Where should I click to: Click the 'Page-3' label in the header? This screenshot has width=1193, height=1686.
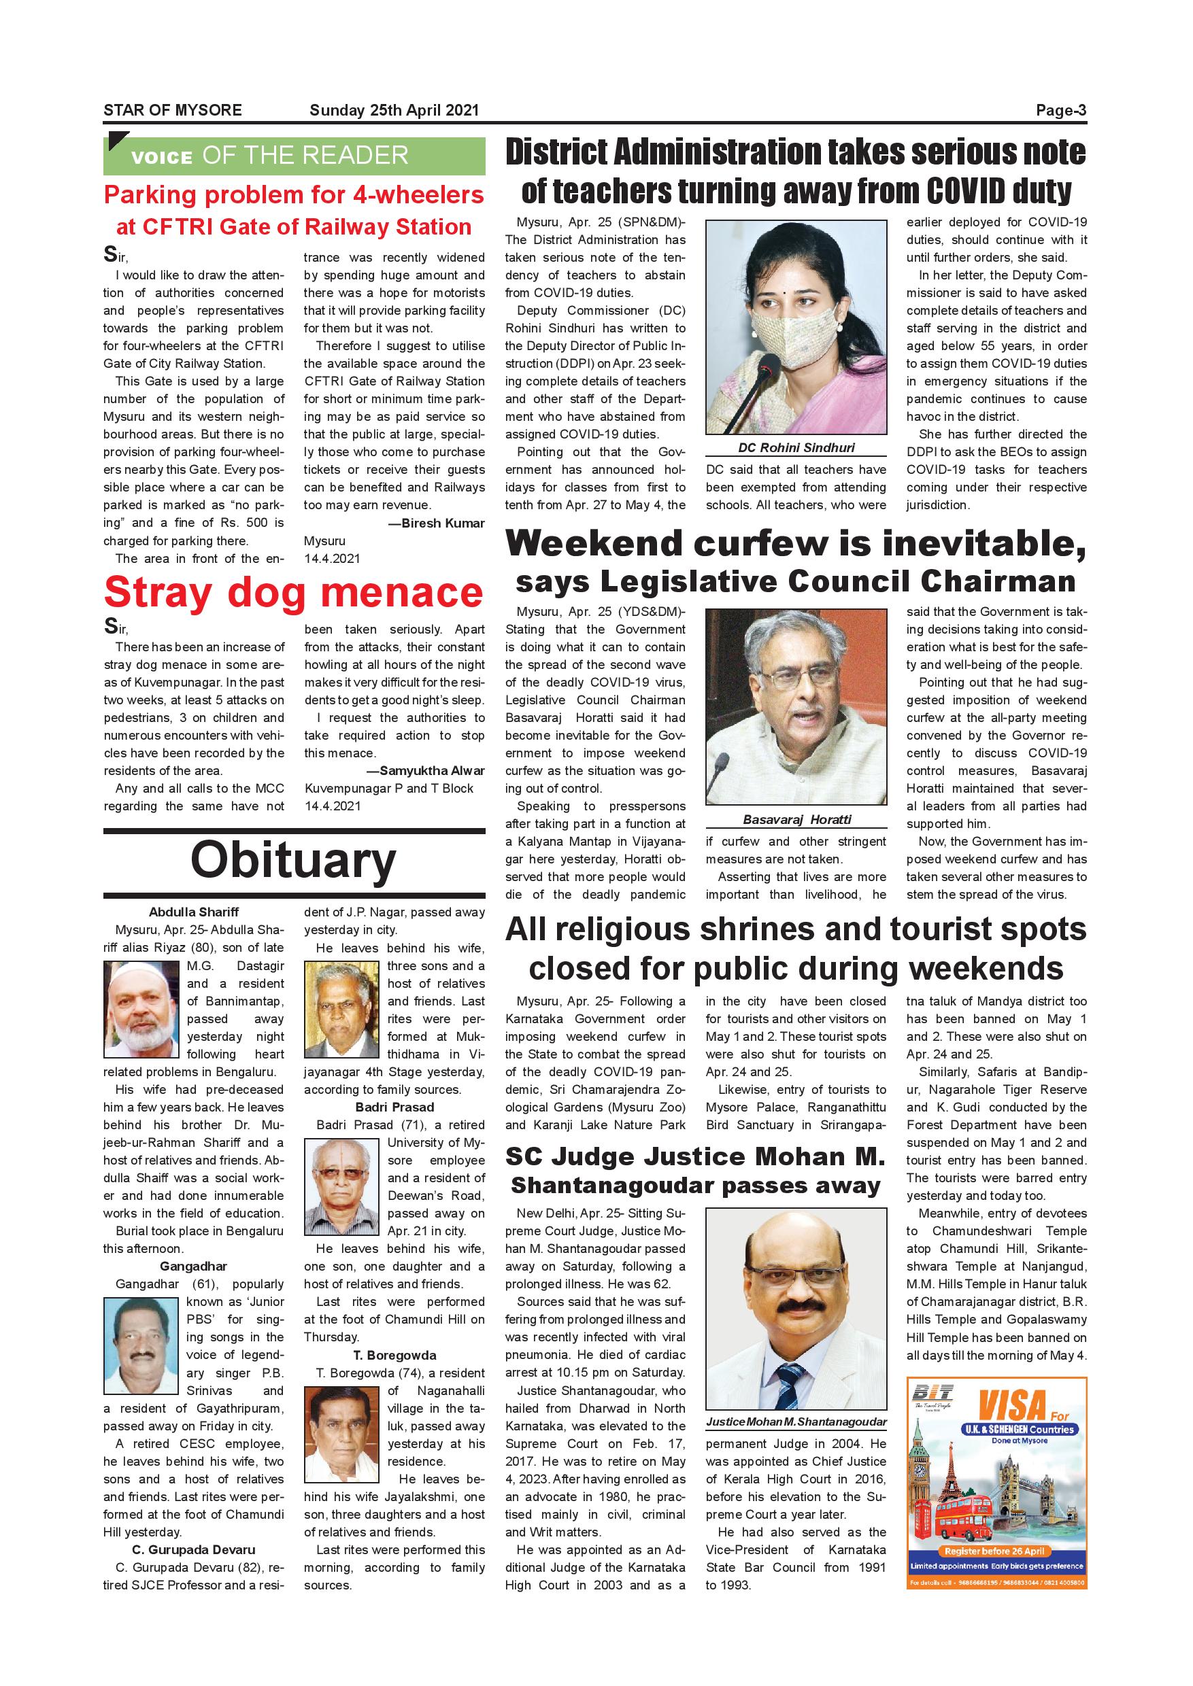[x=1061, y=110]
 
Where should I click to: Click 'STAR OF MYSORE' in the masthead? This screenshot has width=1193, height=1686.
[x=173, y=110]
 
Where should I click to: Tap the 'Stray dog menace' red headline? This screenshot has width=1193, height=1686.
[x=294, y=593]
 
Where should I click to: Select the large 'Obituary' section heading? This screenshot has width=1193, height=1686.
[x=293, y=860]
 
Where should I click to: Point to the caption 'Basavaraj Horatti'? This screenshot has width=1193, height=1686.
[x=796, y=819]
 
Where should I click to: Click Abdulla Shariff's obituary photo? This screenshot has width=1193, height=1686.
[x=141, y=1009]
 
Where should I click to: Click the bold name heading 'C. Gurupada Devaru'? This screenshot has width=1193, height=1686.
[x=193, y=1549]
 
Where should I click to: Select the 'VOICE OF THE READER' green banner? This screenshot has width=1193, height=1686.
[x=294, y=156]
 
